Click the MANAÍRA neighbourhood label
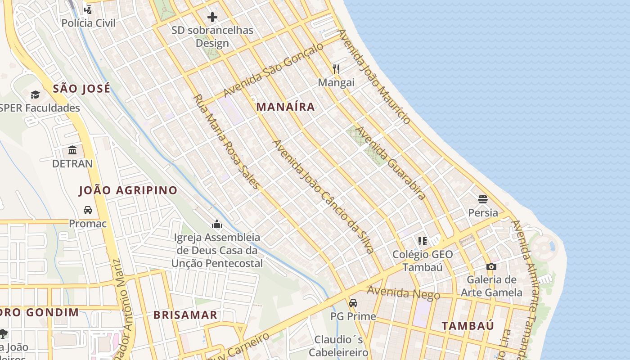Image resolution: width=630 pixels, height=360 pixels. pyautogui.click(x=285, y=107)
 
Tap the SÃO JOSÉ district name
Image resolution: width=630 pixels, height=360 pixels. pyautogui.click(x=81, y=88)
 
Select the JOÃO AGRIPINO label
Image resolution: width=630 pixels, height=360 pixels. pyautogui.click(x=128, y=190)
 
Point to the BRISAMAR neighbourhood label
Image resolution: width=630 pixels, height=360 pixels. pyautogui.click(x=185, y=315)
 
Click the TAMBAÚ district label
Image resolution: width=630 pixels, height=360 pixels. pyautogui.click(x=468, y=326)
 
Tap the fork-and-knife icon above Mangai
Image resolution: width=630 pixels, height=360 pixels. pyautogui.click(x=336, y=69)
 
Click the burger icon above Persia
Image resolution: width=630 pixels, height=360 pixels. pyautogui.click(x=483, y=199)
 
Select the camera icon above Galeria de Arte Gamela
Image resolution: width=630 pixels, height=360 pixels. pyautogui.click(x=491, y=266)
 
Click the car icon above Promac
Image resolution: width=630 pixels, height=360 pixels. pyautogui.click(x=88, y=210)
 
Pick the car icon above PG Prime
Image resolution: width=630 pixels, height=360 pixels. pyautogui.click(x=353, y=303)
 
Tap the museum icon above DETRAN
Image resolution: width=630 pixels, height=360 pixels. pyautogui.click(x=72, y=150)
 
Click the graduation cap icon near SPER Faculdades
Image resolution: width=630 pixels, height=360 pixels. pyautogui.click(x=35, y=94)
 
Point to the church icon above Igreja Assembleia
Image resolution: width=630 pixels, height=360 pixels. pyautogui.click(x=217, y=224)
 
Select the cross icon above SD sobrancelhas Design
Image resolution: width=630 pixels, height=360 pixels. pyautogui.click(x=212, y=17)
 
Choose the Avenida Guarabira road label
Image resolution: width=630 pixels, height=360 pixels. pyautogui.click(x=391, y=163)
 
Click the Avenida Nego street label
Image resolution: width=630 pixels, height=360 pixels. pyautogui.click(x=403, y=293)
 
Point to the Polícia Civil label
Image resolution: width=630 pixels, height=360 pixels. pyautogui.click(x=88, y=23)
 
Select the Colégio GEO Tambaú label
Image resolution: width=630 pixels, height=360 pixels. pyautogui.click(x=423, y=261)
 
